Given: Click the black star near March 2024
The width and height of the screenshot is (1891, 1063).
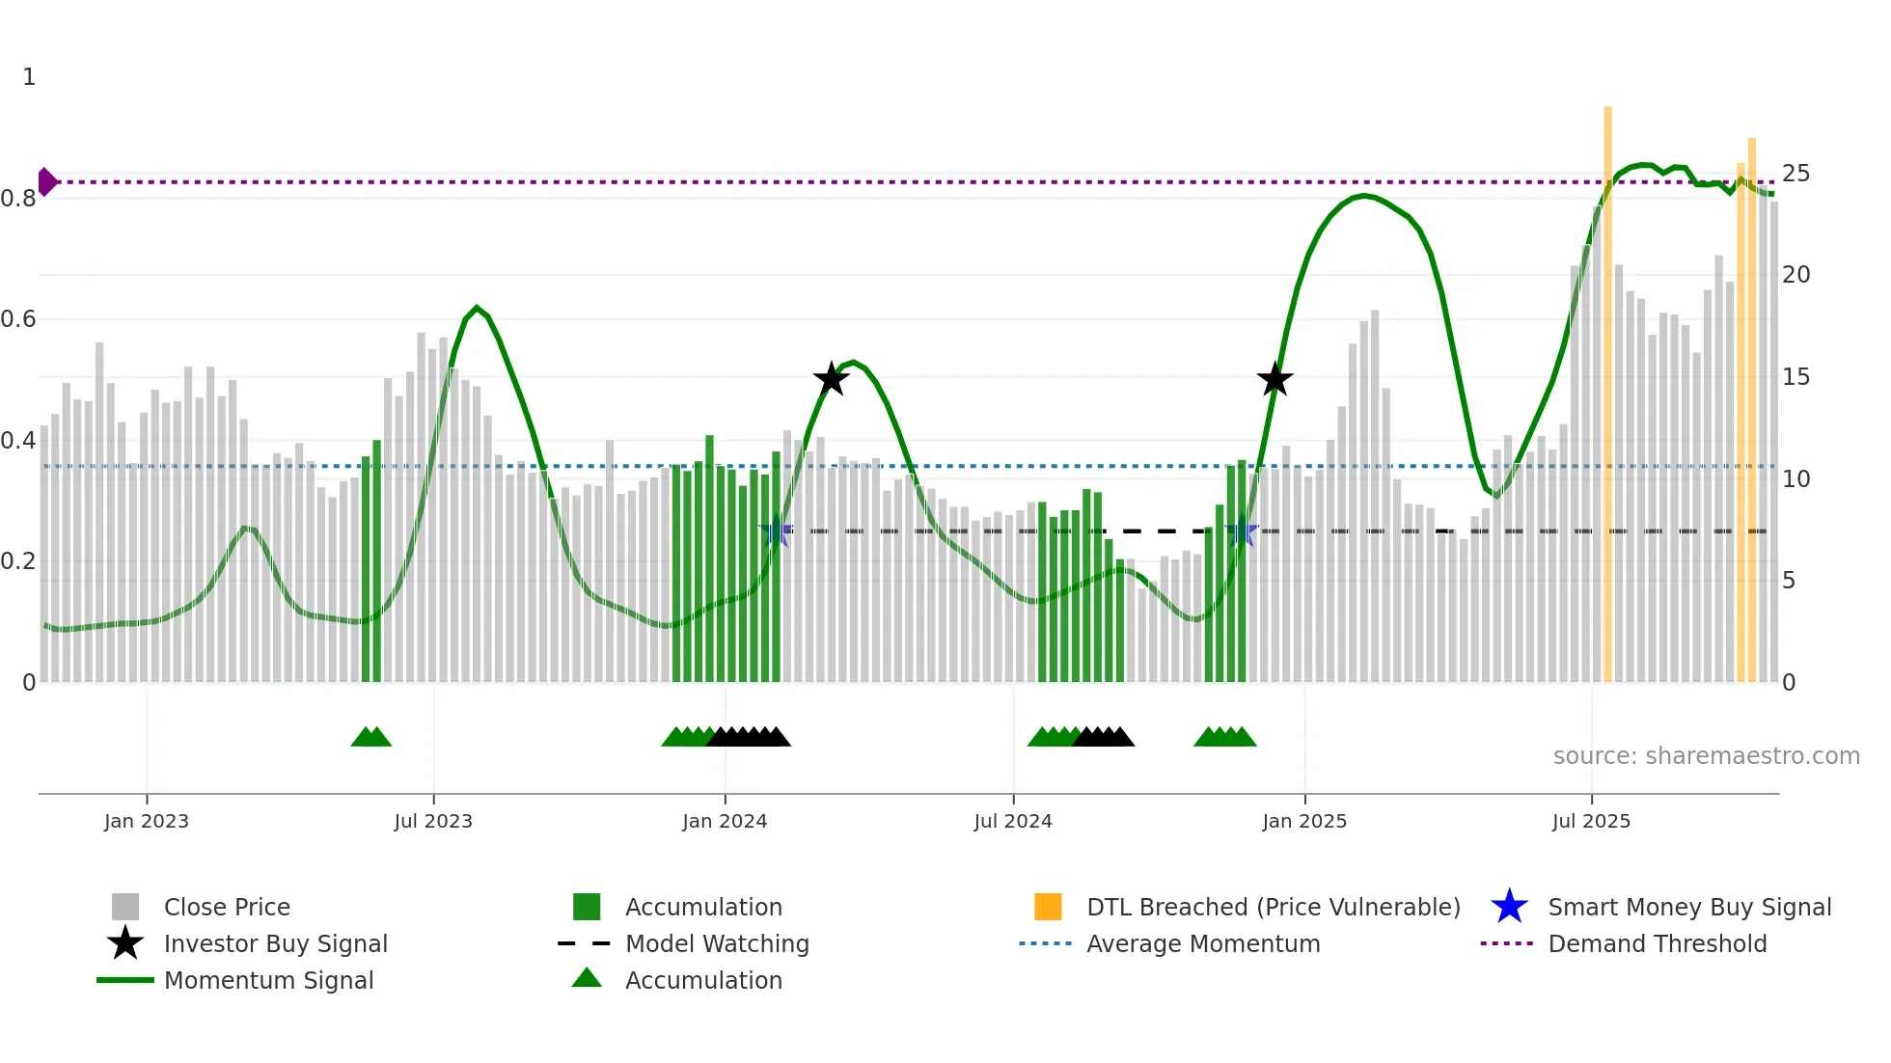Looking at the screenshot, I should coord(831,379).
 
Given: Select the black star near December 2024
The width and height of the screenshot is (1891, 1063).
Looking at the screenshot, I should coord(1274,379).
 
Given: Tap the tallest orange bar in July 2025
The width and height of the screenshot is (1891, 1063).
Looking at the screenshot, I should coord(1607,386).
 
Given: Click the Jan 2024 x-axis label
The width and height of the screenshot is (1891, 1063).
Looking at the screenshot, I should coord(725,822).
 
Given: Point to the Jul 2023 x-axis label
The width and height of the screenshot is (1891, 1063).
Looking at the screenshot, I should coord(433,822).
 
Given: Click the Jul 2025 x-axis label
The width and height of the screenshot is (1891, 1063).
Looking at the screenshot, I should coord(1591,822).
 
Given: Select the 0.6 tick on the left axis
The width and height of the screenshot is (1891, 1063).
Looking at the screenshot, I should coord(18,319).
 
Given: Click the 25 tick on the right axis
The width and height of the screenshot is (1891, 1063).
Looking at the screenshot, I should coord(1795,174).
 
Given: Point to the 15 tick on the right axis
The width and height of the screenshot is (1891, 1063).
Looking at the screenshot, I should coord(1795,377).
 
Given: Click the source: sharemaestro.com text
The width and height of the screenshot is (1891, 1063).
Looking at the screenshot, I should coord(1706,756).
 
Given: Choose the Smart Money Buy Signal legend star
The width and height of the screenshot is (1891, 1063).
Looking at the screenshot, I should coord(1509,907).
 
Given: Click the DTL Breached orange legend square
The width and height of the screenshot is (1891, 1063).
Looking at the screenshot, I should coord(1048,907).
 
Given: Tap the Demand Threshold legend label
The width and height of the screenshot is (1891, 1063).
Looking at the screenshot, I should coord(1657,944).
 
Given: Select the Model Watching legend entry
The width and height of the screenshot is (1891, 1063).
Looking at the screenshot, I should coord(717,944).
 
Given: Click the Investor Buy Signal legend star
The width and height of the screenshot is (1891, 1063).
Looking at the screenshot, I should coord(125,943).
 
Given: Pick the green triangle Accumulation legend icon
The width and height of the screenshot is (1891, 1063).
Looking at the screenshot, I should coord(587,978).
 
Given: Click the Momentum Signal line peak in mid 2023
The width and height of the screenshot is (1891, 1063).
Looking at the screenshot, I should coord(477,308).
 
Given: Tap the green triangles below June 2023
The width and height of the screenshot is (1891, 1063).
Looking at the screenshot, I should coord(370,737).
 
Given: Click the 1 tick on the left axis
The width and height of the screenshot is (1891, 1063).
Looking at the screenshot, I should coord(29,77).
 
